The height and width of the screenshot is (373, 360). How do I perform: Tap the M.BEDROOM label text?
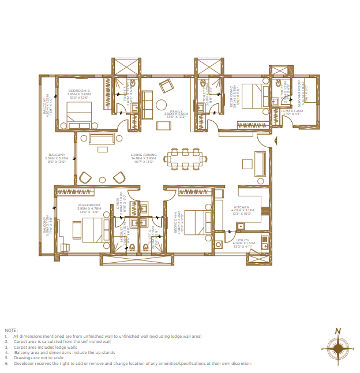(89, 205)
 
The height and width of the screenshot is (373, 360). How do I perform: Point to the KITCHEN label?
(241, 207)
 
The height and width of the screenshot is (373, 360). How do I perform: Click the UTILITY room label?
(242, 240)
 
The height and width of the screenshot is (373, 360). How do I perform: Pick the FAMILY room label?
(176, 110)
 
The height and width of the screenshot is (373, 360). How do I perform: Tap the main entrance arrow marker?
(275, 139)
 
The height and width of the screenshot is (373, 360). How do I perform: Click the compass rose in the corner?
(337, 349)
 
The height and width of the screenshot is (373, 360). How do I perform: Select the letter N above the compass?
(338, 331)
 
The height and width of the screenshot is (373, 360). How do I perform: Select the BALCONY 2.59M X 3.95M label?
(57, 157)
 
